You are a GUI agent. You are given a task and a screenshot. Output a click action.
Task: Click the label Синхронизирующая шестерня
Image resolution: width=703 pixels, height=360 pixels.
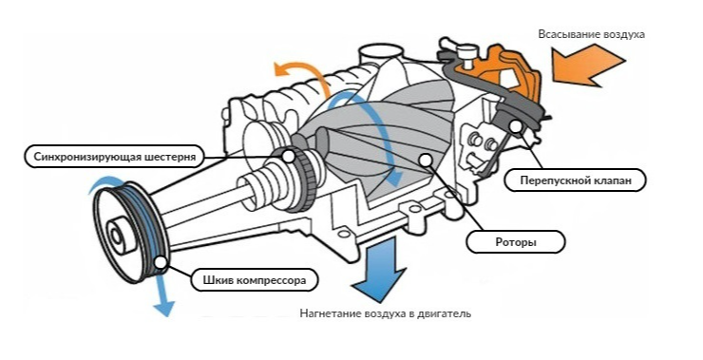[x=114, y=158]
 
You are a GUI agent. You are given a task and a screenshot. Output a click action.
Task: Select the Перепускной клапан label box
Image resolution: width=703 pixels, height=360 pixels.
[x=575, y=180]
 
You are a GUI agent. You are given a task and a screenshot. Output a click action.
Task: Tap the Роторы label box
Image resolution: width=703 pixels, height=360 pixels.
[x=516, y=242]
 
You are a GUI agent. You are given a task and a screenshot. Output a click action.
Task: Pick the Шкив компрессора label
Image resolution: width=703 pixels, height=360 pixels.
[x=255, y=280]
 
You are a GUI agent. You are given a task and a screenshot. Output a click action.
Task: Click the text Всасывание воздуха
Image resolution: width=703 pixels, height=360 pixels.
[x=591, y=34]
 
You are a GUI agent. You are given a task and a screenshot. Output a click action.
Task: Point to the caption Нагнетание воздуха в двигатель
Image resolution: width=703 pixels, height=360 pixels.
[x=386, y=313]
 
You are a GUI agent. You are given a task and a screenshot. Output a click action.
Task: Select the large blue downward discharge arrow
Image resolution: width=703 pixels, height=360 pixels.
[x=379, y=269]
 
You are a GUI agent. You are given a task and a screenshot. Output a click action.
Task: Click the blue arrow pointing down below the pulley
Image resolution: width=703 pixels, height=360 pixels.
[x=161, y=294]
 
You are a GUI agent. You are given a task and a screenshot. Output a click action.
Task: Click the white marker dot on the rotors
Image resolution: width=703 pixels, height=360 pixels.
[x=425, y=160]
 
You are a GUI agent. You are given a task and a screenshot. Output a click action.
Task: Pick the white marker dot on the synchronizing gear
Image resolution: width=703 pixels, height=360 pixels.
[x=289, y=156]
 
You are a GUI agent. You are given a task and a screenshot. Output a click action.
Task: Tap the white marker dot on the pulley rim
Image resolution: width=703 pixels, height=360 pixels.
[x=160, y=261]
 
